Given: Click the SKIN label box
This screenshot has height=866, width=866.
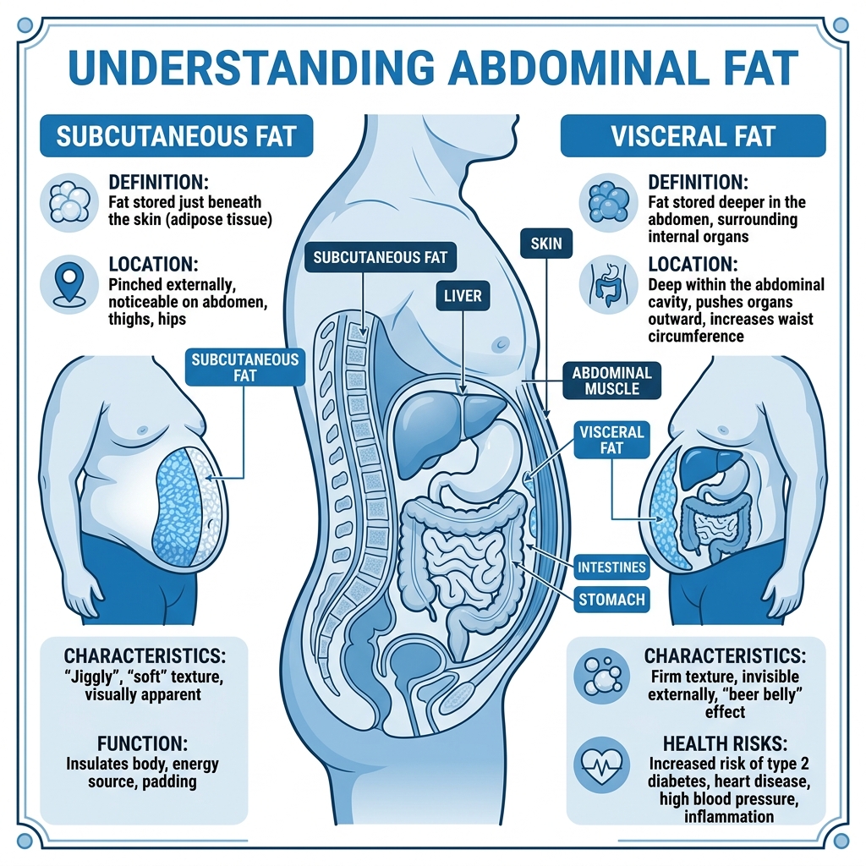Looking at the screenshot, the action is pyautogui.click(x=546, y=244).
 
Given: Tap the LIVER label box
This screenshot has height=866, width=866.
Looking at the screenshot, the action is pyautogui.click(x=463, y=295).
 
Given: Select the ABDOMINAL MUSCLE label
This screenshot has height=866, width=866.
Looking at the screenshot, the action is pyautogui.click(x=612, y=381).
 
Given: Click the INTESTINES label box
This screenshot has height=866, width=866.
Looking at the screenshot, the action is pyautogui.click(x=611, y=567).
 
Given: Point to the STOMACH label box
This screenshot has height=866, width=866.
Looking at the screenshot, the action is pyautogui.click(x=611, y=600).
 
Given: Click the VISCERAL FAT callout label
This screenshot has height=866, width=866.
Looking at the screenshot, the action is pyautogui.click(x=611, y=440).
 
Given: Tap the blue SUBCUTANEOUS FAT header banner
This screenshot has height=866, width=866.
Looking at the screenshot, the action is pyautogui.click(x=177, y=136).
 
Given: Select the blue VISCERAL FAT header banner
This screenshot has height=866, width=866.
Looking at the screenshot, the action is pyautogui.click(x=693, y=136).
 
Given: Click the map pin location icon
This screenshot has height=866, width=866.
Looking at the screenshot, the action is pyautogui.click(x=69, y=285).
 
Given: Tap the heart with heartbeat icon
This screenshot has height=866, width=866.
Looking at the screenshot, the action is pyautogui.click(x=601, y=765).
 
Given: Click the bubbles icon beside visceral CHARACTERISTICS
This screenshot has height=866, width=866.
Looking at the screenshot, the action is pyautogui.click(x=601, y=676).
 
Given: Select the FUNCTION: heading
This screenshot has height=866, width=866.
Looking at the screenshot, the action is pyautogui.click(x=142, y=743).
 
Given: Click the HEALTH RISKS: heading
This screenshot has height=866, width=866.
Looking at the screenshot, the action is pyautogui.click(x=725, y=743).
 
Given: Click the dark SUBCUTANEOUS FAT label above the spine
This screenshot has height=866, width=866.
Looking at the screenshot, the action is pyautogui.click(x=381, y=257).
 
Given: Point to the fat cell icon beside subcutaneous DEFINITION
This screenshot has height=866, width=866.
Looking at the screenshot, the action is pyautogui.click(x=69, y=202).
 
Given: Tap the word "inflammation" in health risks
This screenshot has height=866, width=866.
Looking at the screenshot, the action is pyautogui.click(x=729, y=816).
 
